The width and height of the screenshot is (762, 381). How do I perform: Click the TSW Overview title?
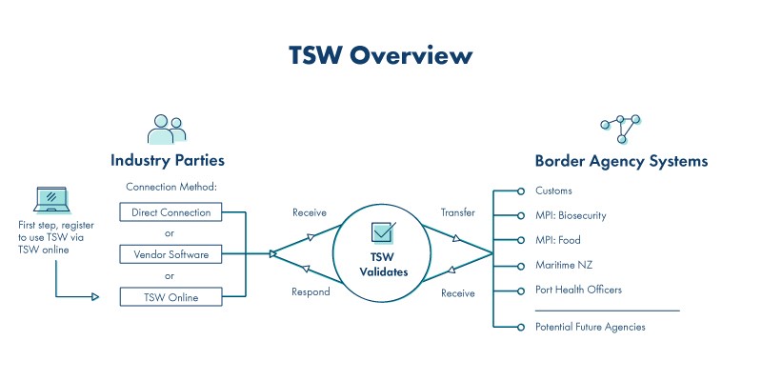[380, 55]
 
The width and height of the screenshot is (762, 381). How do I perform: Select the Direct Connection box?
[170, 212]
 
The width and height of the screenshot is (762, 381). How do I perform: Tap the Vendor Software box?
[170, 254]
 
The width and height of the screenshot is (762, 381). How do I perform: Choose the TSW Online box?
[170, 297]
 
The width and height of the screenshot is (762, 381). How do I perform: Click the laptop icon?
[51, 200]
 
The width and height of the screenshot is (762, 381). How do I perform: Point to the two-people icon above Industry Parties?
[167, 130]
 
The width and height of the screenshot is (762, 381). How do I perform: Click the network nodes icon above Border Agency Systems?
[621, 129]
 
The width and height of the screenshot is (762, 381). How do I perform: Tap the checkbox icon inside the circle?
[384, 231]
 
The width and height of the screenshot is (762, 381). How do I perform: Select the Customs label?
[553, 190]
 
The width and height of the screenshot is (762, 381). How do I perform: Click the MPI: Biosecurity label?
[571, 215]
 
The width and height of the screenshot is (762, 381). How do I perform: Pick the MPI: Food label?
[558, 240]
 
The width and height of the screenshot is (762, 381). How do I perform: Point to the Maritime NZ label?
[564, 266]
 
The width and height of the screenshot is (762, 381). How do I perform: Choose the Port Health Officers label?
[578, 291]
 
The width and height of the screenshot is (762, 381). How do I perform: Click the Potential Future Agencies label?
[590, 327]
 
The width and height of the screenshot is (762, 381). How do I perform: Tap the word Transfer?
[458, 212]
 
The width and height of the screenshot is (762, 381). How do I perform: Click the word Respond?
[311, 292]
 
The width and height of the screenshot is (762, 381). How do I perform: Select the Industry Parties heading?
[168, 160]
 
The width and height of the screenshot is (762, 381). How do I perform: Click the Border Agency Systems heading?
[621, 161]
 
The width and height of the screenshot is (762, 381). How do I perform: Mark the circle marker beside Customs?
[520, 191]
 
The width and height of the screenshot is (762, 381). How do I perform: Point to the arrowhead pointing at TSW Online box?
[95, 296]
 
